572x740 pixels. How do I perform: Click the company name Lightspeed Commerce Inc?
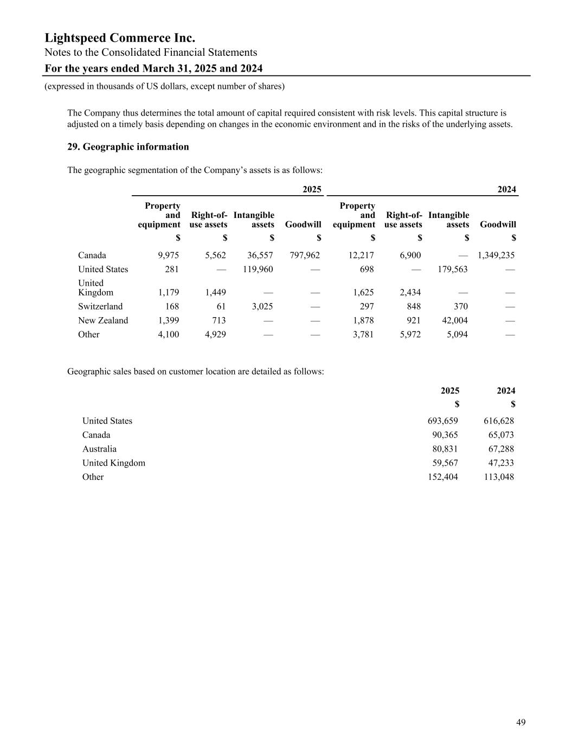(120, 38)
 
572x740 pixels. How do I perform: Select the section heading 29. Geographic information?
(128, 147)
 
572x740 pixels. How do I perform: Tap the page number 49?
(520, 722)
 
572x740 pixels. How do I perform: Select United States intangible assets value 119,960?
(258, 269)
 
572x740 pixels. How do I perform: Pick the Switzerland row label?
(100, 306)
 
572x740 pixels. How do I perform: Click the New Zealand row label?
(103, 320)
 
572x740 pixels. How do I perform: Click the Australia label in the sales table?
(99, 449)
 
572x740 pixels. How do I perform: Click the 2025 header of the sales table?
(450, 391)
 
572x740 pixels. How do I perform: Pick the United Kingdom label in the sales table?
(114, 463)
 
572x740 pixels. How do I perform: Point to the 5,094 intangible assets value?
(457, 334)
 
